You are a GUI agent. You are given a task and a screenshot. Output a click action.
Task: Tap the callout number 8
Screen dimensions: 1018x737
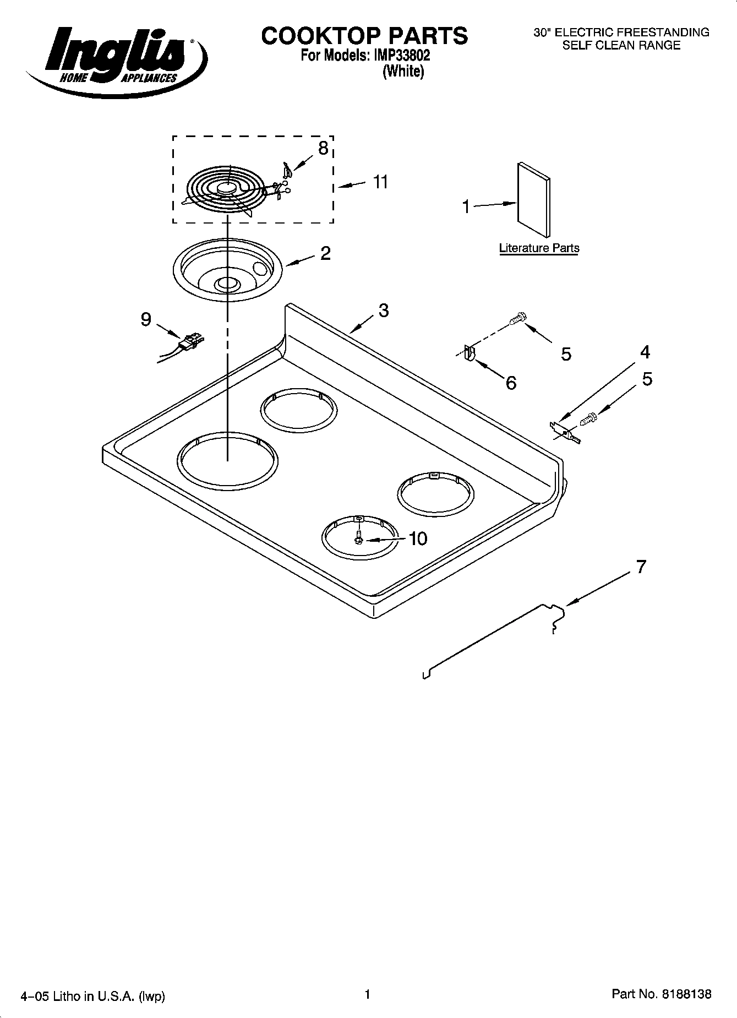coord(323,148)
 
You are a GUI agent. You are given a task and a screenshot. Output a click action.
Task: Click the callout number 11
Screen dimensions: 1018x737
coord(380,182)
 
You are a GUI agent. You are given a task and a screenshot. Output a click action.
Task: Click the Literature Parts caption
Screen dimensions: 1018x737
coord(539,248)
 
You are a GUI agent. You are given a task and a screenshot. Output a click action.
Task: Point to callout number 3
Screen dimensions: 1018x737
coord(383,311)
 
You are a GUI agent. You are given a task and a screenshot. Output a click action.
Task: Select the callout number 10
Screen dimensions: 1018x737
coord(418,538)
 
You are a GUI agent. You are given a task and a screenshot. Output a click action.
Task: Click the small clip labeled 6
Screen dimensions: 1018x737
coord(469,353)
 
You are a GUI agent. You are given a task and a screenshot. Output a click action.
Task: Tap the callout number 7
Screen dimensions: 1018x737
coord(641,567)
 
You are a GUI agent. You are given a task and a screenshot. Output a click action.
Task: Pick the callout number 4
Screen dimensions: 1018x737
coord(645,352)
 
